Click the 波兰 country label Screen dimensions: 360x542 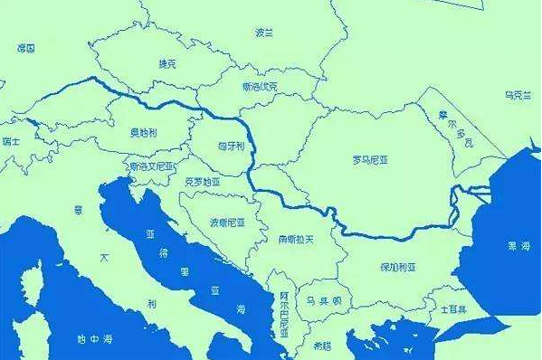[x=264, y=33]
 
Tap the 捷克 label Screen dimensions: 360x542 [x=168, y=64]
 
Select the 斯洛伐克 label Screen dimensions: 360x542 [x=261, y=87]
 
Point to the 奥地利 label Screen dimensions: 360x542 [x=143, y=132]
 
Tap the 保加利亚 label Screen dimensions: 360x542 [x=397, y=268]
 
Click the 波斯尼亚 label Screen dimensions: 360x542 [x=228, y=222]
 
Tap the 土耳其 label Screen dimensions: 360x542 [x=452, y=308]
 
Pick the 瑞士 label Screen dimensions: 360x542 [x=10, y=141]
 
